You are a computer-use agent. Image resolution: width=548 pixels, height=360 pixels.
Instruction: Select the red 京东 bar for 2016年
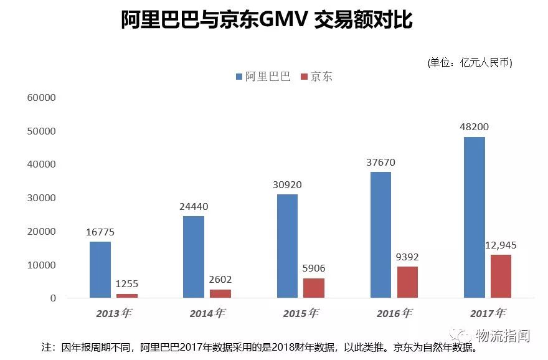tap(407, 282)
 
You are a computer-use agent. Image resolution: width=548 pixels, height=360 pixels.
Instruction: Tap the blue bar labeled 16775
tap(100, 269)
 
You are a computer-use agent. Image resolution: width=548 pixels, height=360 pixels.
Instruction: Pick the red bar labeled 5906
tap(313, 288)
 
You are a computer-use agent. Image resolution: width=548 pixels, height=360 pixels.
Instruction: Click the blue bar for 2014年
tap(193, 257)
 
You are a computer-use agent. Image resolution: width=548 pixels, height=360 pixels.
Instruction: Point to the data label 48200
tap(474, 127)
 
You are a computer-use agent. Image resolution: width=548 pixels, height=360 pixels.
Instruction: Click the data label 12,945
tap(500, 245)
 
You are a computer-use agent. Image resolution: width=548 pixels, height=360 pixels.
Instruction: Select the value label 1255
tap(126, 284)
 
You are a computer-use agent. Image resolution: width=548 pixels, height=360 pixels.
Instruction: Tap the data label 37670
tap(380, 163)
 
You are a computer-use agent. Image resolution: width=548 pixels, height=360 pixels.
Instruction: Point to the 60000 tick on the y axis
tap(41, 98)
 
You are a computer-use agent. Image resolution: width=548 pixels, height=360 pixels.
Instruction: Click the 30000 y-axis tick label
tap(41, 198)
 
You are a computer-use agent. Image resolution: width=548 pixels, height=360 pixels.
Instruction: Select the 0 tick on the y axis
tap(53, 298)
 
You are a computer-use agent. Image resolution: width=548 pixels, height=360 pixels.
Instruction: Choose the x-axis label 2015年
tap(300, 314)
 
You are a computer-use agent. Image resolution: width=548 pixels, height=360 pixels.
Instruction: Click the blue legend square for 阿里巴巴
tap(239, 77)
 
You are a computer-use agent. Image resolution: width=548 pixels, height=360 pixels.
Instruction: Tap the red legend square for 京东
tap(305, 77)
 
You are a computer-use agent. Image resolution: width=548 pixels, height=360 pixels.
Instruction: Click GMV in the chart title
tap(283, 21)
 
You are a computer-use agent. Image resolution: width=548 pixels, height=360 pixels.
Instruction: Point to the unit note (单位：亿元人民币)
tap(470, 62)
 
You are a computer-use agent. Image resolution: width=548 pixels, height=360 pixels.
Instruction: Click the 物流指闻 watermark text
tap(502, 336)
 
